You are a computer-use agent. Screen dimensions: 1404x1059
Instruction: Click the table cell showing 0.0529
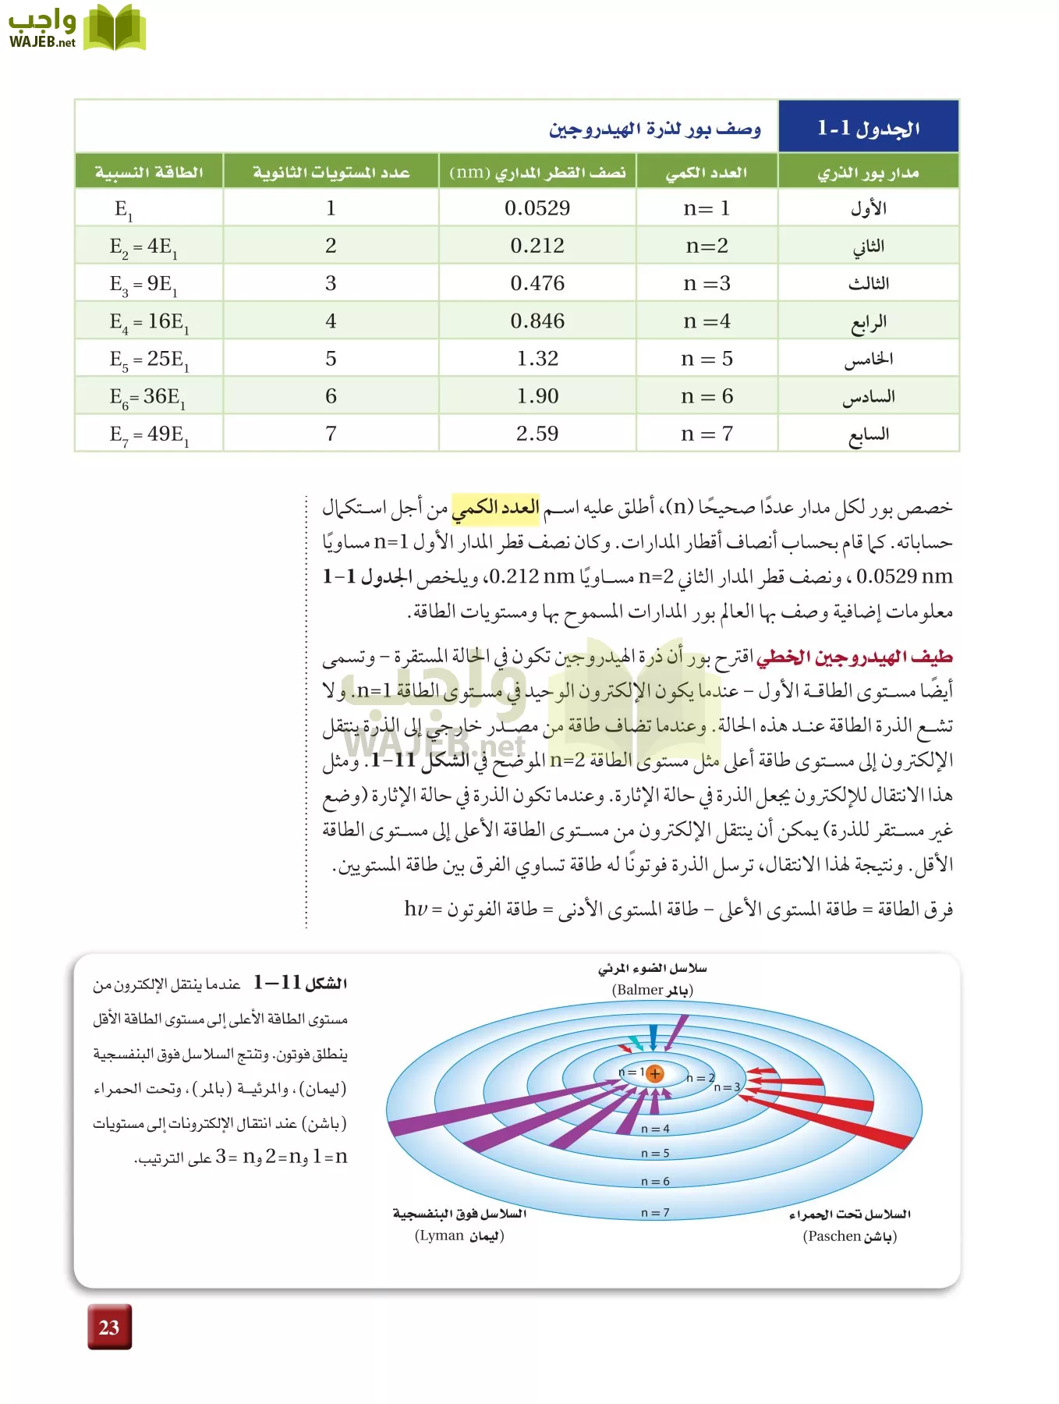coord(537,208)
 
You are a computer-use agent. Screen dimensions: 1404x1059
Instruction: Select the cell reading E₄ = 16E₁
coord(149,321)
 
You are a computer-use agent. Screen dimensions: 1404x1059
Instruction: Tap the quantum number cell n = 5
coord(707,359)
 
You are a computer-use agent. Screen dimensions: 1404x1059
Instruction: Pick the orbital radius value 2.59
coord(537,434)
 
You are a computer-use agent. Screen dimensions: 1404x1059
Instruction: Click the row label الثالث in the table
coord(868,284)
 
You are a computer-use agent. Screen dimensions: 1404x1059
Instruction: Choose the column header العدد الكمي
coord(707,172)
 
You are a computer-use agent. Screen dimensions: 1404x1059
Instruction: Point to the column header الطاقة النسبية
coord(149,172)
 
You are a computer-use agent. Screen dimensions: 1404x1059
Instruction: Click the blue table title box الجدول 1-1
coord(868,127)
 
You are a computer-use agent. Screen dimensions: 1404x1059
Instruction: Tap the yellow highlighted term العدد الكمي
coord(496,508)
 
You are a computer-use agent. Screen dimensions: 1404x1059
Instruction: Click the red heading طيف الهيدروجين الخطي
coord(855,658)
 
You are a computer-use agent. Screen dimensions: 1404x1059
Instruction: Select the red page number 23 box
coord(109,1327)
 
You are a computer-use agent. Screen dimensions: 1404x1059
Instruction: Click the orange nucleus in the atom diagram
coord(655,1074)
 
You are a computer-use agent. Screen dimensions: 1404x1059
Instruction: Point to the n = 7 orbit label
coord(655,1213)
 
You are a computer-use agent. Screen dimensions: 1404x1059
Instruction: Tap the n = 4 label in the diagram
coord(655,1129)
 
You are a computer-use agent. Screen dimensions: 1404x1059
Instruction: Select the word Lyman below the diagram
coord(441,1236)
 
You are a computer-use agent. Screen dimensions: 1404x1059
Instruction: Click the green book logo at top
coord(115,28)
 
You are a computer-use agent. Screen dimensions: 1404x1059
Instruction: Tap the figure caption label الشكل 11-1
coord(300,984)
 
